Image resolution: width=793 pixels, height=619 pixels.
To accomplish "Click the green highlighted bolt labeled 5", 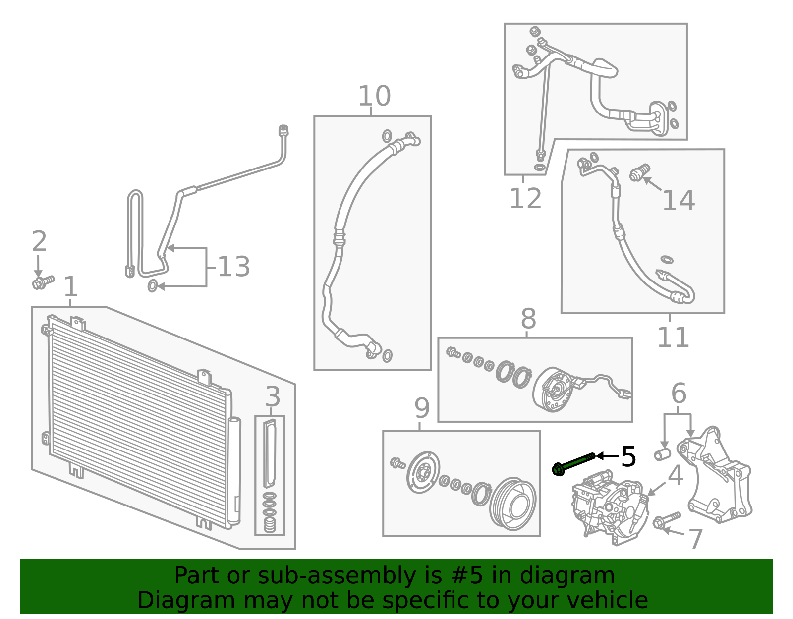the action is click(x=573, y=463).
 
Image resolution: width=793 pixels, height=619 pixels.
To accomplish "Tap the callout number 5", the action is click(x=628, y=456).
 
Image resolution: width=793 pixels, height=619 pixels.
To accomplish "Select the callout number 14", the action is click(x=678, y=200).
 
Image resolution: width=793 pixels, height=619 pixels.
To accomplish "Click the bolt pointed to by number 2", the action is click(x=43, y=282).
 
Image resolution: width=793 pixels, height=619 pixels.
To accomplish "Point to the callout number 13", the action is click(x=234, y=266).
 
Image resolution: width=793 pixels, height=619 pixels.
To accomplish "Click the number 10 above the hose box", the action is click(x=374, y=96).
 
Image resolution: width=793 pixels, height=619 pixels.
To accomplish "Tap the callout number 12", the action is click(x=525, y=198).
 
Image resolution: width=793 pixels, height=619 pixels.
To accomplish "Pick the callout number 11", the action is click(x=673, y=338).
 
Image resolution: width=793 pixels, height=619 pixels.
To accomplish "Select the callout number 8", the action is click(x=528, y=319).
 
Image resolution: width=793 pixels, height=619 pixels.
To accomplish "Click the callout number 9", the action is click(x=422, y=408).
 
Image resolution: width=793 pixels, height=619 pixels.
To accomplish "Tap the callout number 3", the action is click(x=273, y=396).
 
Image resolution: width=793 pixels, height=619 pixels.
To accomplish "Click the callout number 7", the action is click(x=695, y=539).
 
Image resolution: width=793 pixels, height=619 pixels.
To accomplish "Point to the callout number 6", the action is click(x=679, y=393).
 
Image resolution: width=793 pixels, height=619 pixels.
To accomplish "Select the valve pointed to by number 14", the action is click(x=640, y=172).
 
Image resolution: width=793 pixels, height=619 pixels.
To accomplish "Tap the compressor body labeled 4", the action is click(x=610, y=507).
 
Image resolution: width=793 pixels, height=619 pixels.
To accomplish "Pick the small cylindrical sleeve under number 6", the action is click(x=662, y=454).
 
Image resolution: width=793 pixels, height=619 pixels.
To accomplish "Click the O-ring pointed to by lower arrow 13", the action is click(x=153, y=286).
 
